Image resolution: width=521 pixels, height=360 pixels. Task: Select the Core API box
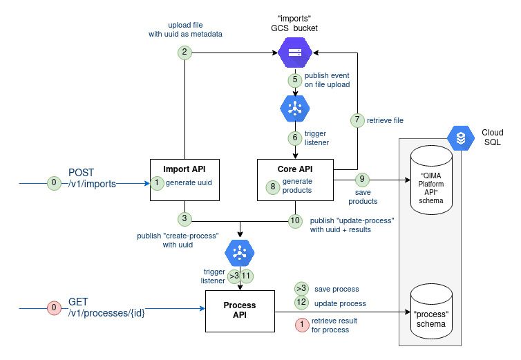coord(295,180)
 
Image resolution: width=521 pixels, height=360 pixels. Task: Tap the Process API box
coord(240,310)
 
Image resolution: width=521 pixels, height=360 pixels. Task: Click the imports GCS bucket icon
coord(295,53)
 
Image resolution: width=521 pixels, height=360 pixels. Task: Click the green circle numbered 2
coord(184,53)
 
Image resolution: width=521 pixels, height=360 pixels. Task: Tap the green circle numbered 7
coord(357,120)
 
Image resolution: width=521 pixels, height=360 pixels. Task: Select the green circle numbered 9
coord(363,179)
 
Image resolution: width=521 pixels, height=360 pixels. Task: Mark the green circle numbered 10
coord(295,221)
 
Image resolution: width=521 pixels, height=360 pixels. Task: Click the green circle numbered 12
coord(301,303)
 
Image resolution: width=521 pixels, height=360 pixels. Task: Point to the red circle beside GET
coord(53,307)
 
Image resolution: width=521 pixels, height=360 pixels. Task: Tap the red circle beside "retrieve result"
coord(301,323)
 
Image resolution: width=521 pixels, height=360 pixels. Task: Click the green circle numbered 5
coord(295,79)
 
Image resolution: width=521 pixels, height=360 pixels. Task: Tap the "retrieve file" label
coord(384,120)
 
